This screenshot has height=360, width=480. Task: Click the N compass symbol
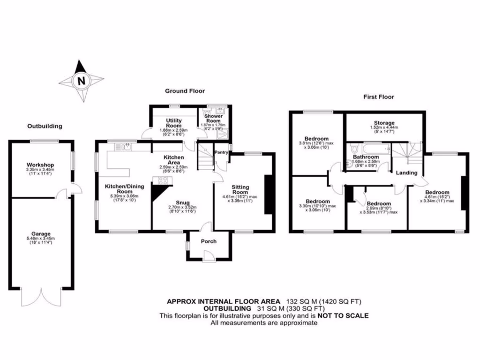point(82,81)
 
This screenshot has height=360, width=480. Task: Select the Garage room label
point(42,233)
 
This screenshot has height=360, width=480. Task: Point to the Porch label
point(209,241)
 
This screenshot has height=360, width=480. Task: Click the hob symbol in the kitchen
point(157,180)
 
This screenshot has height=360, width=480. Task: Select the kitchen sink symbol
point(125,147)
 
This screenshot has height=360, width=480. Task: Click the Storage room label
point(384,123)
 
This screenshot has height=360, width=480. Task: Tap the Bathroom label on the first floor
point(366,157)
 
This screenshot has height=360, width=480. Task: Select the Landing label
point(406,172)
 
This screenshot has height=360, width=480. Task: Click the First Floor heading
point(379,97)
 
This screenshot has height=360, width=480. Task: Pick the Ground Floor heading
point(185,91)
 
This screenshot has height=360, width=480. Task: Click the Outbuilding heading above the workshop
point(45,126)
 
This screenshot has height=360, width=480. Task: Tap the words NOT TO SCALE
point(344,315)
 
